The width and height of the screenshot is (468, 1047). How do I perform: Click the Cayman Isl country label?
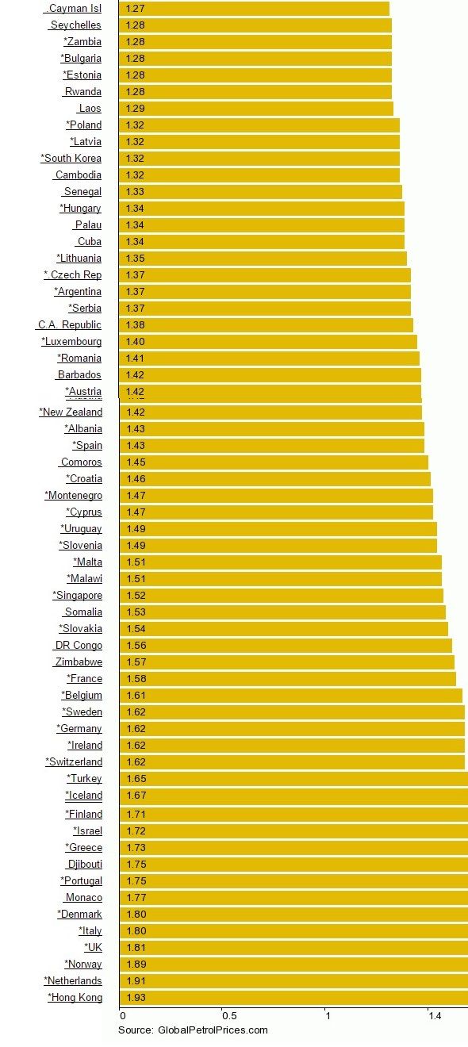[x=74, y=9]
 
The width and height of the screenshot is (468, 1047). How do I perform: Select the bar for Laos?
[x=255, y=109]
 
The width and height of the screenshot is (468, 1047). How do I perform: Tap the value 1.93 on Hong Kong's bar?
[x=136, y=998]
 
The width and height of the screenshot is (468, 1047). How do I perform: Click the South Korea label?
[x=71, y=159]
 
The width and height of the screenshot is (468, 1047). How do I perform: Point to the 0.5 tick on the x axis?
[x=228, y=1015]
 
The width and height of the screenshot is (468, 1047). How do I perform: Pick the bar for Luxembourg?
[x=267, y=342]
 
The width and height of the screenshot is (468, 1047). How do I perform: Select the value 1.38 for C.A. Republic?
[x=136, y=325]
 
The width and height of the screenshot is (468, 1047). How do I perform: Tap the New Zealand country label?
[x=71, y=412]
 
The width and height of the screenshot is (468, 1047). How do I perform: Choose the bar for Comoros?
[x=273, y=462]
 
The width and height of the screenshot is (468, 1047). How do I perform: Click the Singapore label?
[x=78, y=596]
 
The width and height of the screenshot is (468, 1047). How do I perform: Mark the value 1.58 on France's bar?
[x=136, y=679]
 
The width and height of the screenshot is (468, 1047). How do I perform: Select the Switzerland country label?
[x=74, y=762]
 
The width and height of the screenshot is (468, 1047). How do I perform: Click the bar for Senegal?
[x=260, y=192]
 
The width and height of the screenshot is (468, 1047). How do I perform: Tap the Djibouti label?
[x=84, y=865]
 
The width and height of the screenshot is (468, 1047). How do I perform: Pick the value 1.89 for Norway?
[x=136, y=965]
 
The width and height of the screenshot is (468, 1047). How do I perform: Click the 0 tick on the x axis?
[x=122, y=1015]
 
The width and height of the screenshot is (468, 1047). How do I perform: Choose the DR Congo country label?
[x=78, y=646]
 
